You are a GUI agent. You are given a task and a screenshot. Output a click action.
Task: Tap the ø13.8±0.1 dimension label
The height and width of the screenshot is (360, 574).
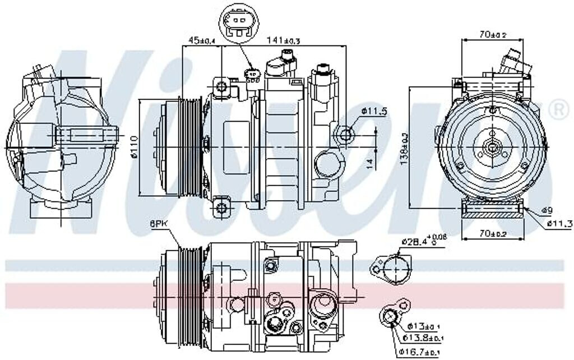click(424, 338)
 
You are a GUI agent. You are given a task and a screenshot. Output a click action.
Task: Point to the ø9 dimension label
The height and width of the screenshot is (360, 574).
click(547, 210)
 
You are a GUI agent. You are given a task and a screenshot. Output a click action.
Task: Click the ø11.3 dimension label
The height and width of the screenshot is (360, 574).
click(558, 225)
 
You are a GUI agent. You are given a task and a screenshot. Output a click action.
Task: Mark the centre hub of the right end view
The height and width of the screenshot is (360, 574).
click(492, 147)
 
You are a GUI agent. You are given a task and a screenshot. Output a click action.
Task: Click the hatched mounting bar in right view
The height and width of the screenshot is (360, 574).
click(492, 211)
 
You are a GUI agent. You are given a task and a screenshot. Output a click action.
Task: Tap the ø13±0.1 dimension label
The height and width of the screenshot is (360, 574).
click(424, 326)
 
